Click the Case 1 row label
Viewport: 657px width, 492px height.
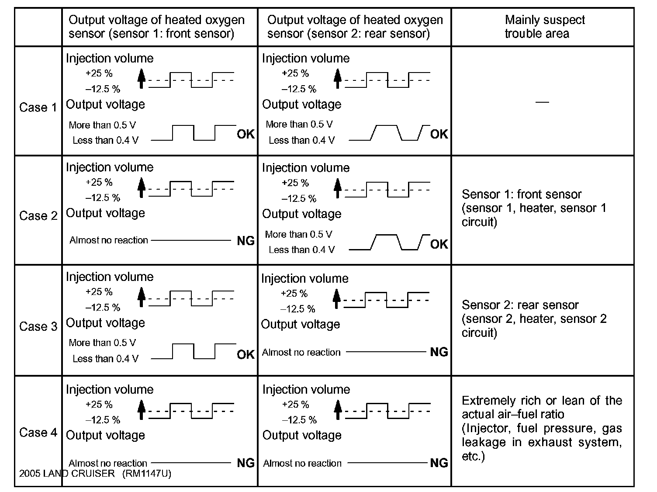coord(38,107)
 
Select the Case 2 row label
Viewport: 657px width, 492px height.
coord(38,216)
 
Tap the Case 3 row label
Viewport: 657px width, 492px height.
coord(38,326)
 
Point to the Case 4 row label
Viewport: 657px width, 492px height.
coord(38,433)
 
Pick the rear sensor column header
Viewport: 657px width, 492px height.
coord(355,27)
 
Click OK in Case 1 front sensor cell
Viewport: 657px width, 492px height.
coord(246,134)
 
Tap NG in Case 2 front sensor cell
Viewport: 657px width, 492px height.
coord(246,240)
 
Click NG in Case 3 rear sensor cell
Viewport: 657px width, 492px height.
coord(439,352)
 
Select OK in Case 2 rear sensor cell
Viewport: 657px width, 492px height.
coord(439,244)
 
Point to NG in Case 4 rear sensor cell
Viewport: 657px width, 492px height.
coord(439,463)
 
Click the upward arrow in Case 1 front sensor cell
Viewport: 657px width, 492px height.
coord(141,80)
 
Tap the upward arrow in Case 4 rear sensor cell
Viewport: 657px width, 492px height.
coord(337,411)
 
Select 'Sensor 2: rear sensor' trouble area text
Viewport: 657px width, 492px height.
coord(520,305)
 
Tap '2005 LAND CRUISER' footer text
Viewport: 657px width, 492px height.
coord(67,474)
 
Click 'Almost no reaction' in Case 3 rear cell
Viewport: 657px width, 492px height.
coord(301,352)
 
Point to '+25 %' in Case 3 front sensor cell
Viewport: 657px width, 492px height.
coord(99,291)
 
